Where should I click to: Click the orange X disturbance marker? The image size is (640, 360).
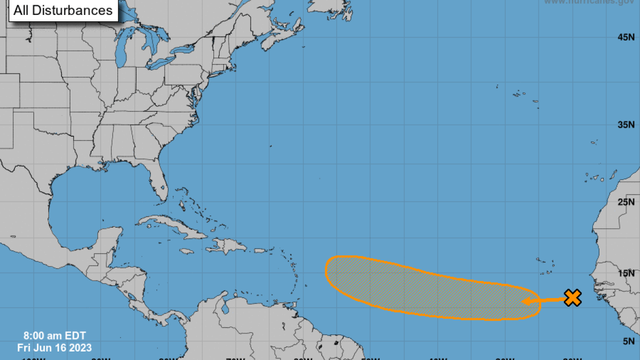coord(572,298)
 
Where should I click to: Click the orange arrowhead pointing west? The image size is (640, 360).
coord(525,301)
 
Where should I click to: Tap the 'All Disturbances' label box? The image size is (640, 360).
coord(63,10)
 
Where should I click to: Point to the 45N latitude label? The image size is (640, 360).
coord(626,37)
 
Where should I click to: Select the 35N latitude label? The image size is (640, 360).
coord(626,124)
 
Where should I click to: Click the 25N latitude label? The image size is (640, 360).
coord(626,202)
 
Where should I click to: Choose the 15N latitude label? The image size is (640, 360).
coord(626,273)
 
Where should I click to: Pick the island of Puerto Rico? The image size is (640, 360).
coord(260,250)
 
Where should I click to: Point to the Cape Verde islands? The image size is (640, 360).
coord(546,267)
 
